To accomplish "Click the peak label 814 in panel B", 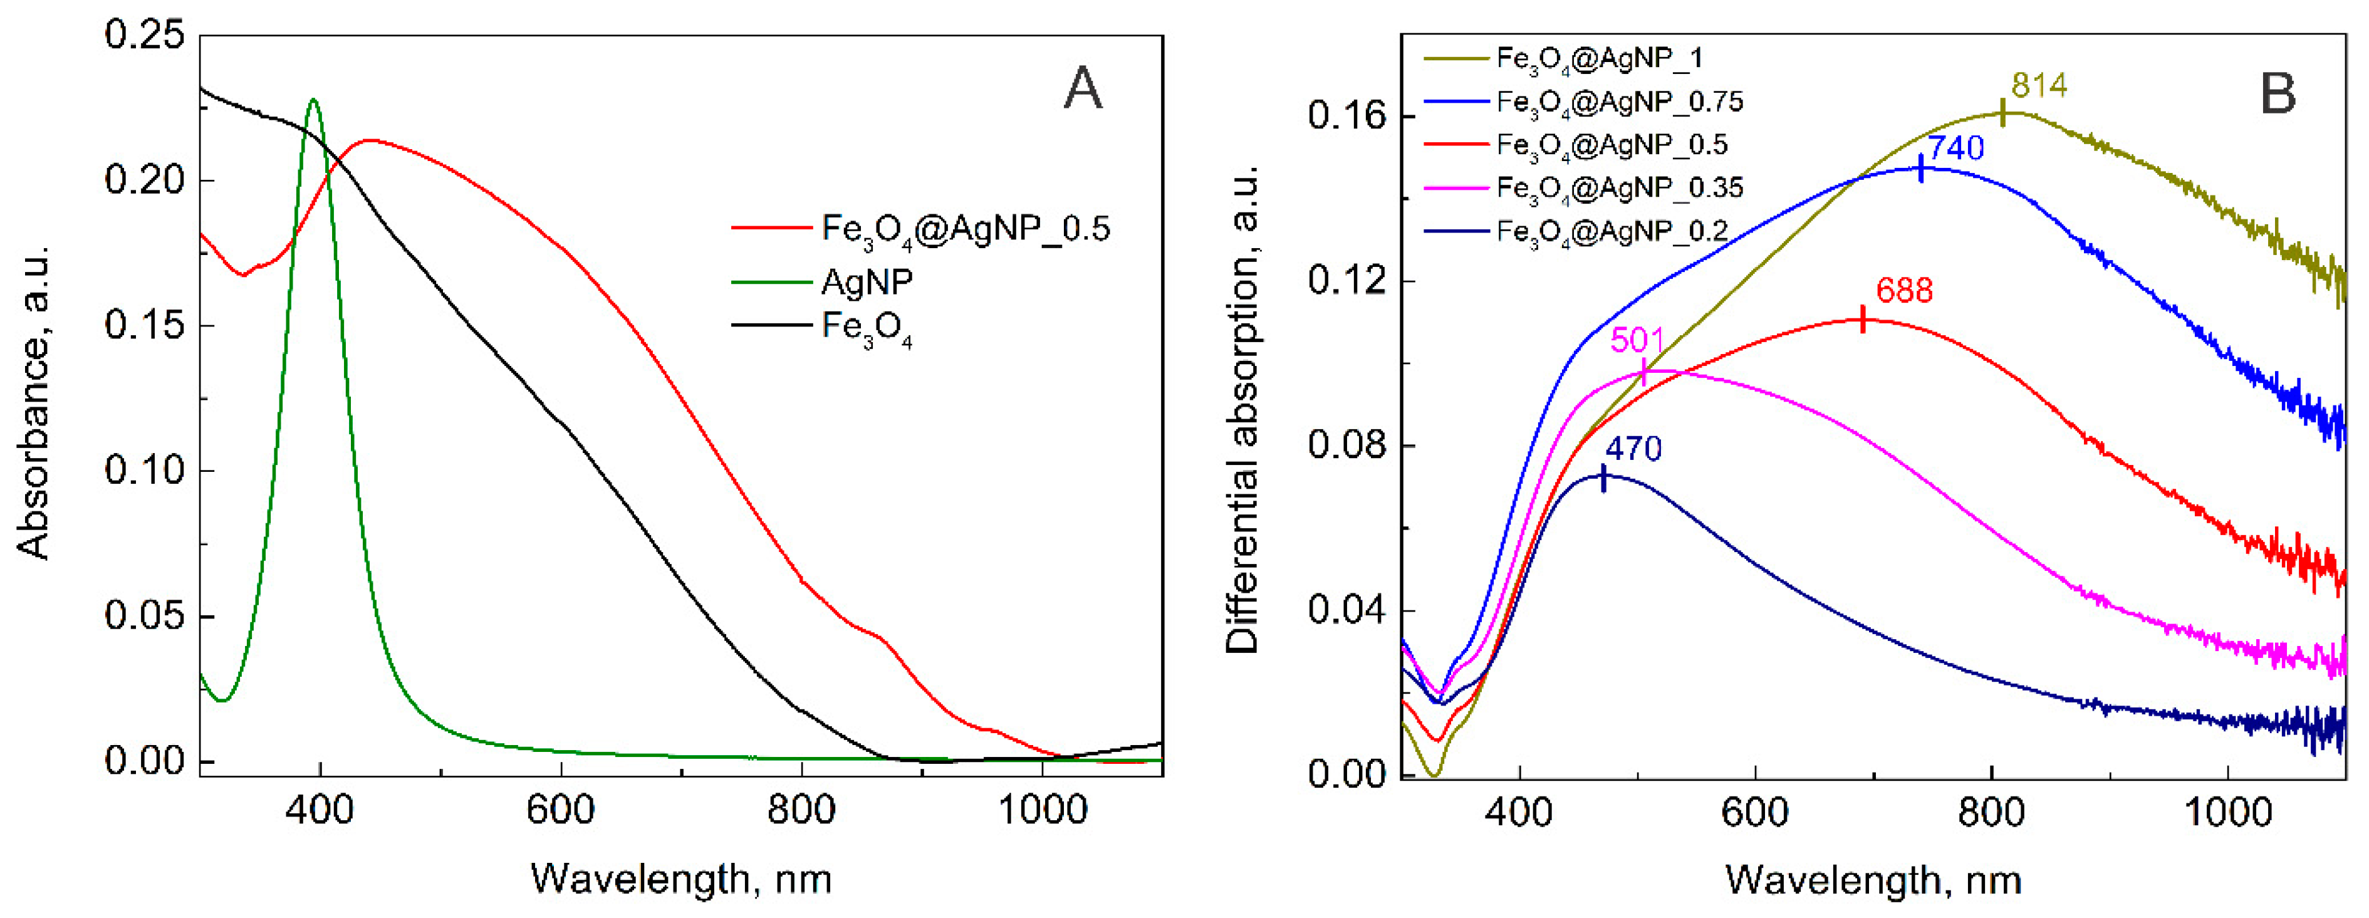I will [2039, 86].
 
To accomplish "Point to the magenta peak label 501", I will [1637, 340].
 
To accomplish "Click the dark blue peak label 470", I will [1633, 449].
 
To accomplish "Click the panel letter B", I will [2277, 92].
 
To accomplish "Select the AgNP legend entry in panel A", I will [867, 281].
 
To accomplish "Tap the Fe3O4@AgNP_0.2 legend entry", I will [1612, 231].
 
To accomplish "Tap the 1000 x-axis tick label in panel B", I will [2226, 812].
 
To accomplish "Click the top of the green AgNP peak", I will [315, 100].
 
